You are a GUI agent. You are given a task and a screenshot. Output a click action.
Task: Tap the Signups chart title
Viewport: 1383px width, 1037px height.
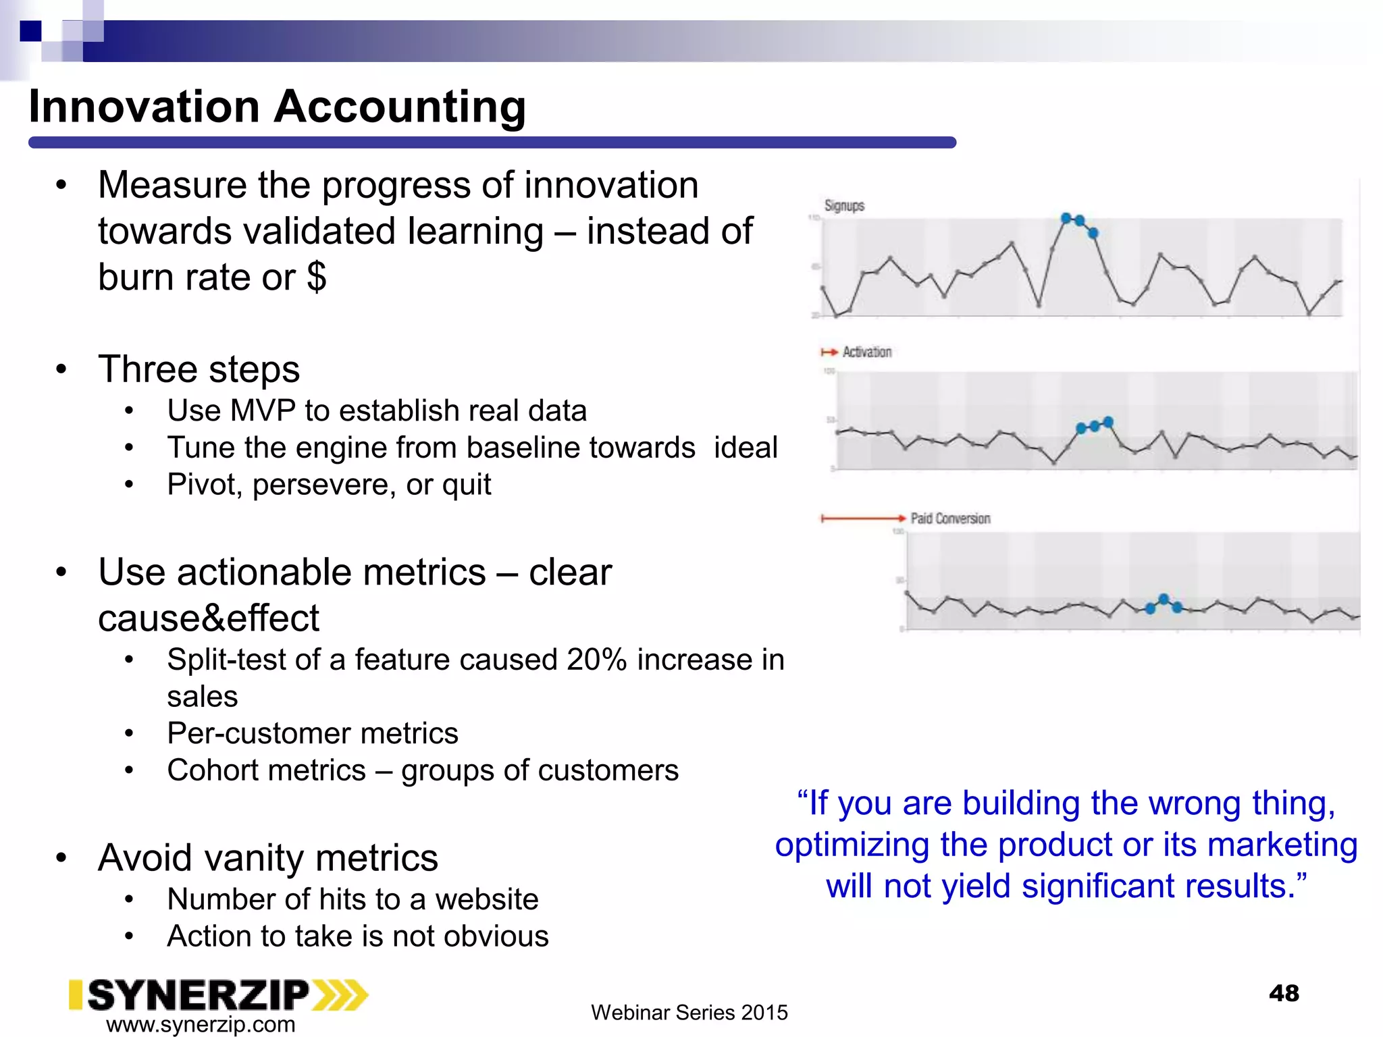[844, 206]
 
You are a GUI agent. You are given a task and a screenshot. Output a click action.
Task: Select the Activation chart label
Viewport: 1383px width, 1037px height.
[867, 352]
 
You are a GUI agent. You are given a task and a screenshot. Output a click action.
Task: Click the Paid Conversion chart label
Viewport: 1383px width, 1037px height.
[950, 518]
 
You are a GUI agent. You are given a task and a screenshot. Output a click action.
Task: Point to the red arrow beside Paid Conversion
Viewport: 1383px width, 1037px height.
[862, 518]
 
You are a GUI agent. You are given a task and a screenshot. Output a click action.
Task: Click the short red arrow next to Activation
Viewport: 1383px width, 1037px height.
[829, 352]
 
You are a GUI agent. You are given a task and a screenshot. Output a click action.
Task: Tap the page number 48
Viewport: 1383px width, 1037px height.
[1284, 993]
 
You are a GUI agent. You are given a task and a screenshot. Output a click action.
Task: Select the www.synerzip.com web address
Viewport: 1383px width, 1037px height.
[201, 1024]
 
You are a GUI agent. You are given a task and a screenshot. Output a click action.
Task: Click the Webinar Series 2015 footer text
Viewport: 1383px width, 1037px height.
[689, 1013]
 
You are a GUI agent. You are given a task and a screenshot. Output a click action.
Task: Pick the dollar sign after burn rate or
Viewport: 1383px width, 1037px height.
[316, 277]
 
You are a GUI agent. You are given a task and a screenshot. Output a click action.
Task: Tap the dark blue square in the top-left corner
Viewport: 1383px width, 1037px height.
[30, 31]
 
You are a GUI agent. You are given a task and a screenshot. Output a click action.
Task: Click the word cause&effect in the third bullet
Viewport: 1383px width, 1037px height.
[208, 618]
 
